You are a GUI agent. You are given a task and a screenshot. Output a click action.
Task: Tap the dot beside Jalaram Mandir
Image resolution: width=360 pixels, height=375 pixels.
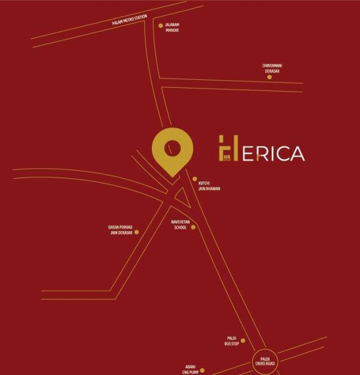(160, 25)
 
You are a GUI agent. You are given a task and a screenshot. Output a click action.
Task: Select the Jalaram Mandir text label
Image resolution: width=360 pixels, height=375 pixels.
(172, 28)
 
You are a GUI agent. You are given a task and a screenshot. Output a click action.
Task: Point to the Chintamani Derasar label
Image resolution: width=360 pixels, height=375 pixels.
(272, 68)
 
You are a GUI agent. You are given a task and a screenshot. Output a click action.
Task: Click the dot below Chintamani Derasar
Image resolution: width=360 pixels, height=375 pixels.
(269, 77)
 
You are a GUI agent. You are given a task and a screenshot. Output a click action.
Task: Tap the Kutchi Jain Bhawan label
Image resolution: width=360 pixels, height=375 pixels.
(209, 186)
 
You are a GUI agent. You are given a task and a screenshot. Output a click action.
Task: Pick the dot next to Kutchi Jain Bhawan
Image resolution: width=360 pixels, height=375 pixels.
(195, 179)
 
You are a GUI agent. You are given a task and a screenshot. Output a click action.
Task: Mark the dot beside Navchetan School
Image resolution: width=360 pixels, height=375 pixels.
(193, 227)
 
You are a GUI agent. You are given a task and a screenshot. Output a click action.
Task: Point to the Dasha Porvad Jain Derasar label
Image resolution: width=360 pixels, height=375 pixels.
(120, 230)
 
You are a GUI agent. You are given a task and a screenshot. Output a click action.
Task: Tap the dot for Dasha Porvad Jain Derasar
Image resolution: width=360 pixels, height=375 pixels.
(136, 232)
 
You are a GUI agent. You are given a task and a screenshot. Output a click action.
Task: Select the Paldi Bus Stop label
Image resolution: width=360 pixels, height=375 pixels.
(231, 341)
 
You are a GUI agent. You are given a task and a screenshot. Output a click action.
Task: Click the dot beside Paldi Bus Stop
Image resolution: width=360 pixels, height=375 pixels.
(243, 341)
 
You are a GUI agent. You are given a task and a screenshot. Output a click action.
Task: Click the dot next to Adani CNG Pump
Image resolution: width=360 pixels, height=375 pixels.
(202, 371)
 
